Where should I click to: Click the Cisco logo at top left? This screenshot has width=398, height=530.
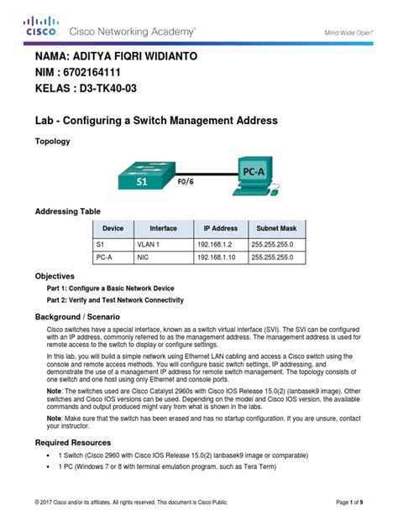tap(41, 26)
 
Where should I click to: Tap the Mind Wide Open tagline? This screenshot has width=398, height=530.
tap(348, 31)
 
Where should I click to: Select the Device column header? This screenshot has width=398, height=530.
tap(113, 228)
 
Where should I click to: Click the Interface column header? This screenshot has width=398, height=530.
tap(163, 228)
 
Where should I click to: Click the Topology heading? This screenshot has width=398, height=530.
tap(52, 142)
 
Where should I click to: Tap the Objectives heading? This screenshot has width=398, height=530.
tap(55, 275)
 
